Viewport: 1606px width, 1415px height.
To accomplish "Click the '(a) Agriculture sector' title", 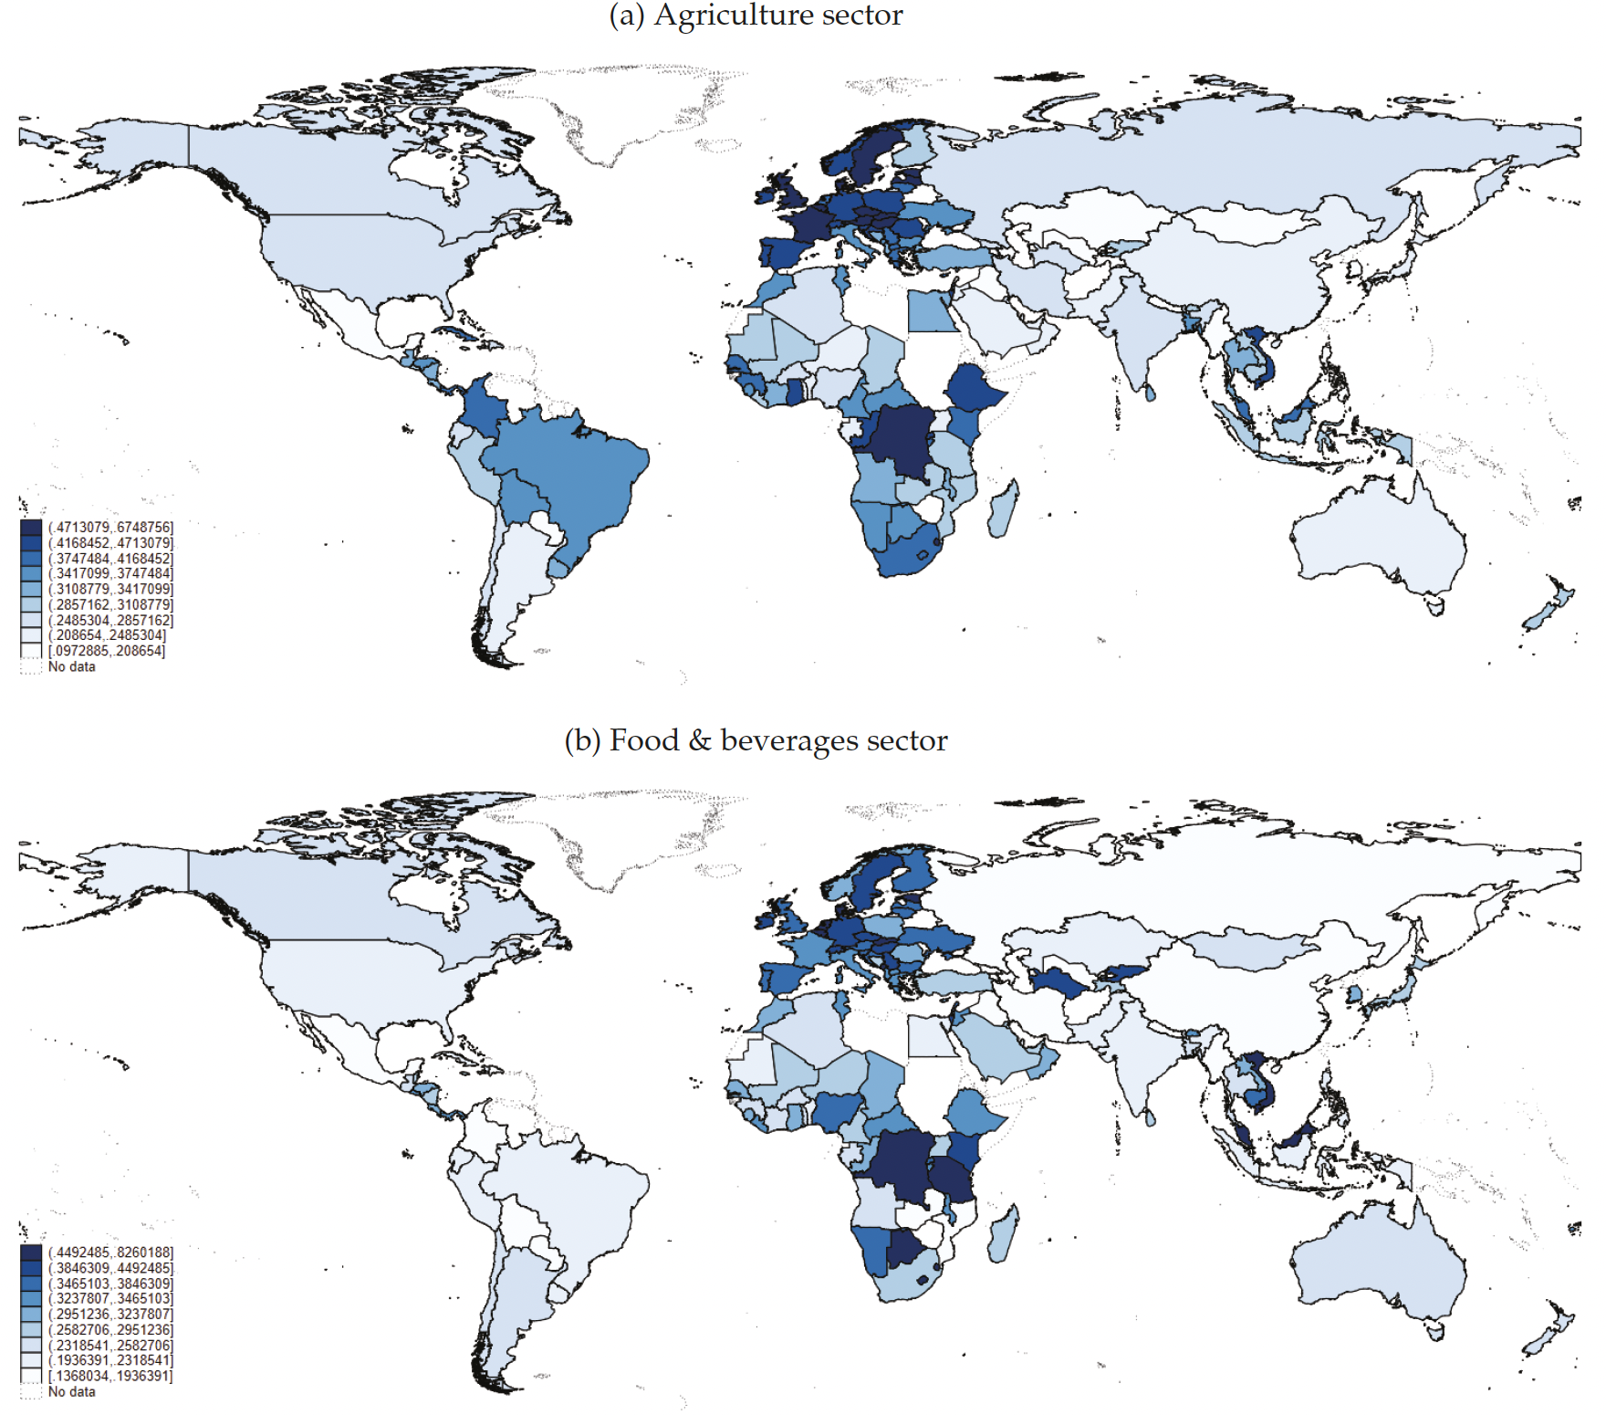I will tap(756, 16).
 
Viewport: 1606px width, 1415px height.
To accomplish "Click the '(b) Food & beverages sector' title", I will tap(756, 739).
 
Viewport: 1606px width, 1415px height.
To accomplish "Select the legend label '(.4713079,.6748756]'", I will tap(110, 527).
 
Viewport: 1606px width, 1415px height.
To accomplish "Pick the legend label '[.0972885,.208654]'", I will tap(107, 651).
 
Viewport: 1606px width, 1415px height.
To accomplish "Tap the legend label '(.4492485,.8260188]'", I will tap(110, 1252).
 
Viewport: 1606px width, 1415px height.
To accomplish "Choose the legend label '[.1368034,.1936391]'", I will tap(110, 1376).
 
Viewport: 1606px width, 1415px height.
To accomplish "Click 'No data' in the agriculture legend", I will tap(71, 666).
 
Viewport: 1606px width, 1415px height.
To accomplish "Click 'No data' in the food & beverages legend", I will tap(71, 1391).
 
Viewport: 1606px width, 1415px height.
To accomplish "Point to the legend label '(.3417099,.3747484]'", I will tap(110, 573).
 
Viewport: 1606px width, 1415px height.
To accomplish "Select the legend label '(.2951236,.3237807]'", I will tap(110, 1314).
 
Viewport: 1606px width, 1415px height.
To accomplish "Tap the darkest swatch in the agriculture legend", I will tap(31, 527).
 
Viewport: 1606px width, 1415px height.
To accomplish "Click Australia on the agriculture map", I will tap(1378, 539).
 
